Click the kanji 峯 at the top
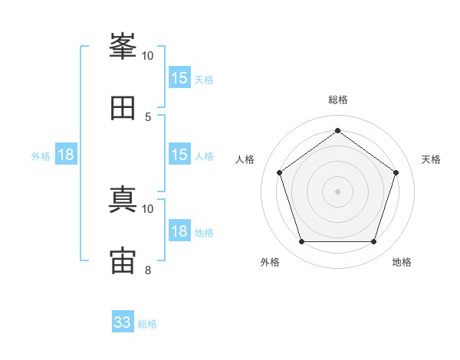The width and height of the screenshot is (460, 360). click(123, 47)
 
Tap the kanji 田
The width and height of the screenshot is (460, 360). click(123, 108)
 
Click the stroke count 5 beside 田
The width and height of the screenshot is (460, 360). click(148, 116)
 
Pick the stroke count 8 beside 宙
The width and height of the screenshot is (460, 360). click(148, 270)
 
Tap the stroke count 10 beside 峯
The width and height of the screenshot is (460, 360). click(148, 56)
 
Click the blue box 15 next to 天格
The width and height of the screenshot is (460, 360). click(179, 78)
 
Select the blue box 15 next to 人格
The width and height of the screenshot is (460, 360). click(179, 155)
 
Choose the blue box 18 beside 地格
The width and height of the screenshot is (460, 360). click(179, 231)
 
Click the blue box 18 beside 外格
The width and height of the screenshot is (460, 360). click(66, 155)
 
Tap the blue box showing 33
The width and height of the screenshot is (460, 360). click(123, 322)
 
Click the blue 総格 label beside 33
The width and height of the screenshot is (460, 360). click(148, 324)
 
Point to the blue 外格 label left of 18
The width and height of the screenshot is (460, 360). click(41, 155)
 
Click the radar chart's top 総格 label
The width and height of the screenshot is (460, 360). click(337, 100)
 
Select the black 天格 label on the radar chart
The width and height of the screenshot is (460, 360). click(432, 159)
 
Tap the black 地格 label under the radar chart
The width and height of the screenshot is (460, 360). click(402, 262)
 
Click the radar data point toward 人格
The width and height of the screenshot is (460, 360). click(279, 172)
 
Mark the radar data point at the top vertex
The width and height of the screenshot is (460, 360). click(337, 130)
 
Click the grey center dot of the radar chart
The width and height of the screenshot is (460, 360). click(337, 191)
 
